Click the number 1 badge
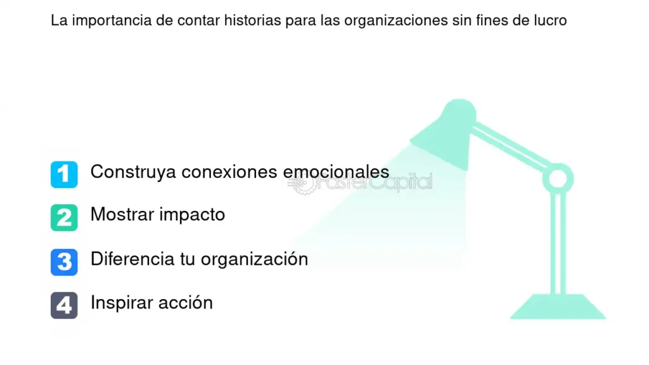click(x=64, y=174)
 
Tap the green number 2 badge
click(x=64, y=217)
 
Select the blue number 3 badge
click(x=64, y=262)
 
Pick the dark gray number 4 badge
click(x=64, y=305)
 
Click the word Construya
click(x=133, y=172)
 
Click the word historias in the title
click(x=252, y=20)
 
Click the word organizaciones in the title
click(x=395, y=21)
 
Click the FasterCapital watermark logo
click(x=360, y=182)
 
